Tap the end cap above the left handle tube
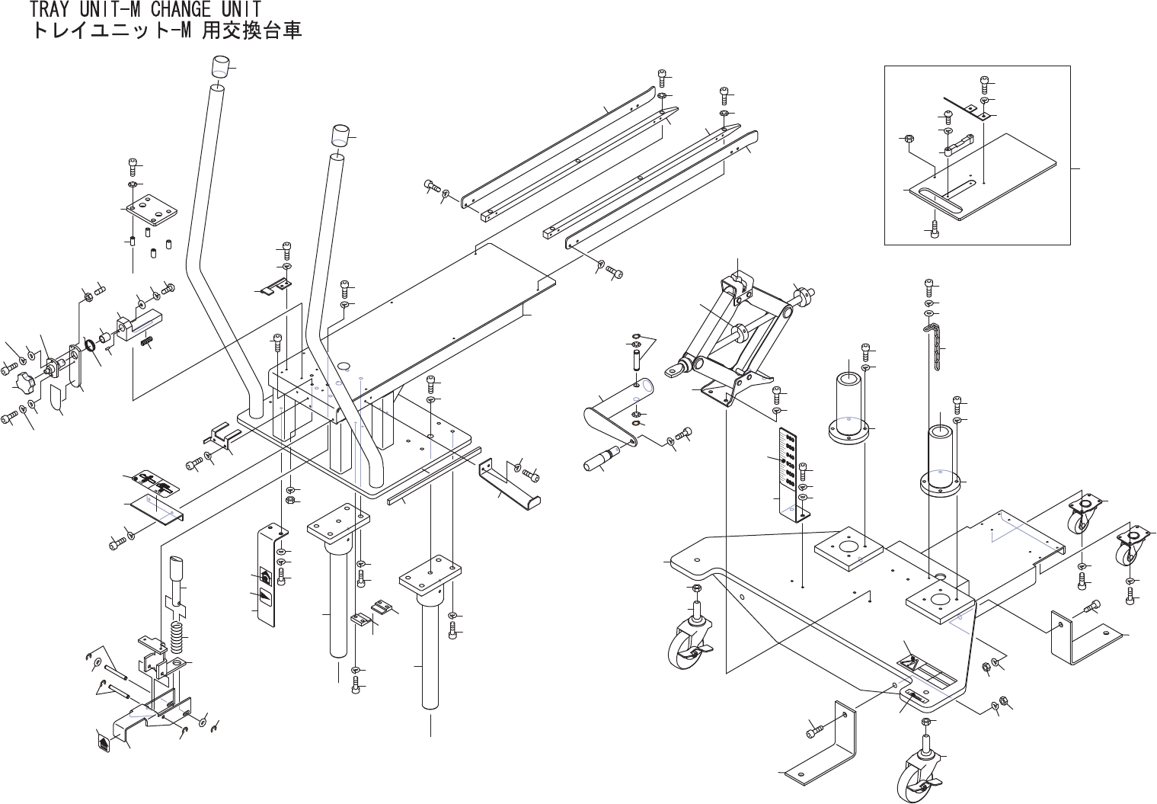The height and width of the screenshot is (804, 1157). click(219, 66)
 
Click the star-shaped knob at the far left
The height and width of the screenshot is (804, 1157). click(26, 382)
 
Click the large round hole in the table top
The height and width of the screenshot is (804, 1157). click(343, 366)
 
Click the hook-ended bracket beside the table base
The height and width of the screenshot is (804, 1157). click(509, 484)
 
